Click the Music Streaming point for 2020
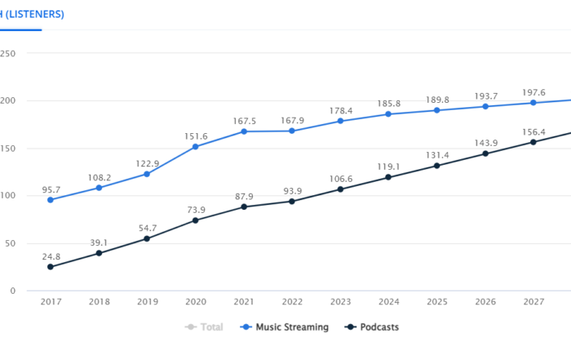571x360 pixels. pyautogui.click(x=195, y=147)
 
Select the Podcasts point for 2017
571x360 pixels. pyautogui.click(x=51, y=267)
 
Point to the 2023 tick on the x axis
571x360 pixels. pyautogui.click(x=340, y=302)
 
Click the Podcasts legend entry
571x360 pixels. pyautogui.click(x=371, y=327)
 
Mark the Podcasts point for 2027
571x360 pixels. pyautogui.click(x=533, y=142)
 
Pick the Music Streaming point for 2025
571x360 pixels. pyautogui.click(x=437, y=110)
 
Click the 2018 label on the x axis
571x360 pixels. pyautogui.click(x=99, y=302)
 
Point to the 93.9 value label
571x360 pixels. pyautogui.click(x=291, y=188)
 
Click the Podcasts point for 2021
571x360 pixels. pyautogui.click(x=243, y=207)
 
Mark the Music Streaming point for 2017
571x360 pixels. pyautogui.click(x=51, y=200)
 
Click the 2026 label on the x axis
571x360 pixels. pyautogui.click(x=485, y=302)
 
